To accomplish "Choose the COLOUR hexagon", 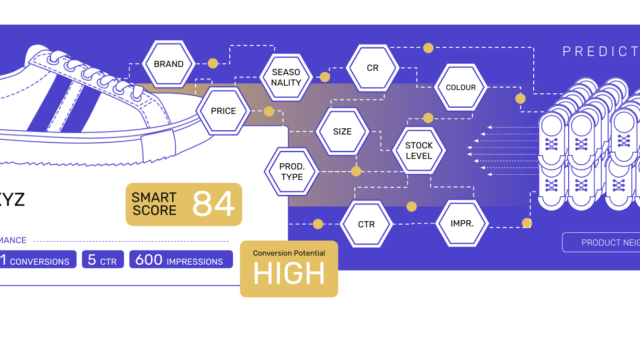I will pyautogui.click(x=461, y=88).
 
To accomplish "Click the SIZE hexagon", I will pyautogui.click(x=343, y=130).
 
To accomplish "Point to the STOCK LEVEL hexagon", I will pyautogui.click(x=419, y=151).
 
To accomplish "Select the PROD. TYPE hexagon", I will pyautogui.click(x=290, y=172).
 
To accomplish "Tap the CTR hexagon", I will pyautogui.click(x=365, y=224).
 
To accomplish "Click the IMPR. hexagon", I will pyautogui.click(x=461, y=224).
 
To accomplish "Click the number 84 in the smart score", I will pyautogui.click(x=213, y=203).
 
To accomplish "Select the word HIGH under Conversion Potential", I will pyautogui.click(x=288, y=273).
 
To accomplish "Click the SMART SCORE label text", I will pyautogui.click(x=155, y=203).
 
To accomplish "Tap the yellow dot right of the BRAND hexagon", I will pyautogui.click(x=212, y=64).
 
